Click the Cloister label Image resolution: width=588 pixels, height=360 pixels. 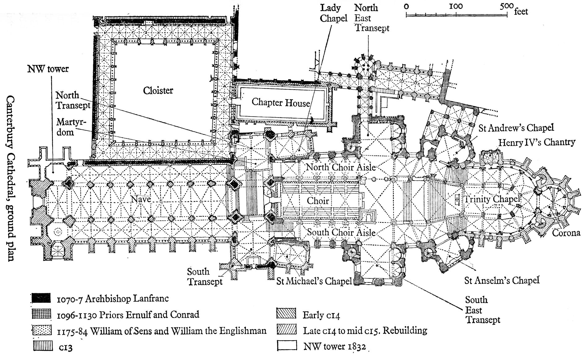(x=158, y=91)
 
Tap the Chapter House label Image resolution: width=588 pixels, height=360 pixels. (x=281, y=102)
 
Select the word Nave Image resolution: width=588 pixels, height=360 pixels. (x=141, y=199)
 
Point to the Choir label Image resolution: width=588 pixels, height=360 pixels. (x=318, y=201)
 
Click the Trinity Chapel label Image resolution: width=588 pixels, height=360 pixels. (x=492, y=199)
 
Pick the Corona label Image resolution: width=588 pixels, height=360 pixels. (x=566, y=233)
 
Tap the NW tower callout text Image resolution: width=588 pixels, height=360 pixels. (x=48, y=69)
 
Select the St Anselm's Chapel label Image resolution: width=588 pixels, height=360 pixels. (x=502, y=280)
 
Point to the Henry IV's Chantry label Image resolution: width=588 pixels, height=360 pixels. (x=536, y=142)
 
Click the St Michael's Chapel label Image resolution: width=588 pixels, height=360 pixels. (x=314, y=281)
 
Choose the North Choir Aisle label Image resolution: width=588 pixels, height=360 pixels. (x=341, y=167)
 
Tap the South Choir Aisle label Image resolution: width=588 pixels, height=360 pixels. (x=341, y=232)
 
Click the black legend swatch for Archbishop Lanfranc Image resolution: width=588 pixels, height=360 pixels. (x=41, y=298)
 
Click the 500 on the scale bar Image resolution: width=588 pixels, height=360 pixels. (x=507, y=6)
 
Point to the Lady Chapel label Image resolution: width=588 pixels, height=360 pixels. (x=333, y=13)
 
